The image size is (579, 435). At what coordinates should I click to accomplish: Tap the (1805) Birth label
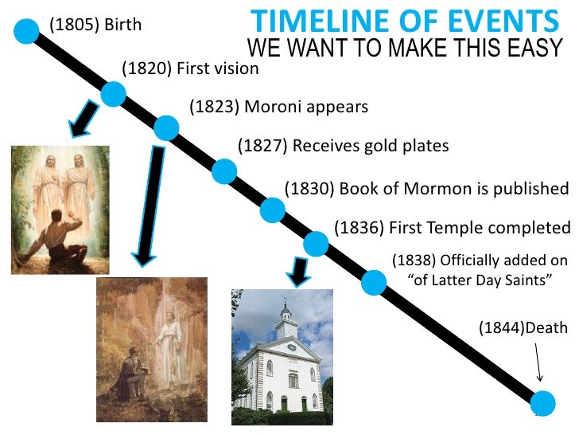pyautogui.click(x=95, y=25)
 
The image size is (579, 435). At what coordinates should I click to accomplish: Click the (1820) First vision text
pyautogui.click(x=190, y=69)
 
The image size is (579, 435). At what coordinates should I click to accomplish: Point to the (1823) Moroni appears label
pyautogui.click(x=279, y=107)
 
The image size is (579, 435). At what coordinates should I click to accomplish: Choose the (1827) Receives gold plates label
pyautogui.click(x=344, y=146)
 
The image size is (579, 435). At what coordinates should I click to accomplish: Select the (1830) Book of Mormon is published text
pyautogui.click(x=426, y=189)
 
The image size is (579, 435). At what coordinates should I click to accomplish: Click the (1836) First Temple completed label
pyautogui.click(x=452, y=228)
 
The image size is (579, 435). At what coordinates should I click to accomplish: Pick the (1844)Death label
pyautogui.click(x=523, y=327)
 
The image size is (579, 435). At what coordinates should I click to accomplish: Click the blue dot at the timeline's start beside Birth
pyautogui.click(x=27, y=31)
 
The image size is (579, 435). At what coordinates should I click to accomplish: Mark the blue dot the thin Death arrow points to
pyautogui.click(x=544, y=402)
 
